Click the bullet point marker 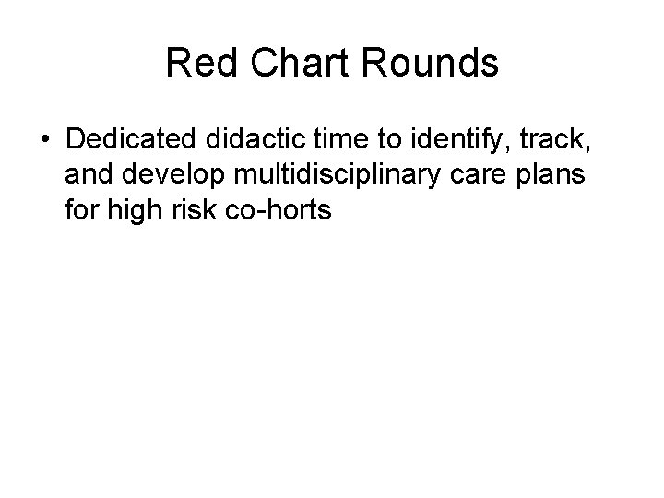pos(44,139)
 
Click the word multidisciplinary pos(340,175)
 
